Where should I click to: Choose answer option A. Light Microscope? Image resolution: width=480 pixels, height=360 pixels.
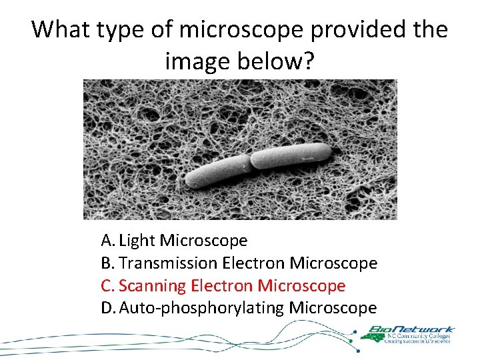pos(174,240)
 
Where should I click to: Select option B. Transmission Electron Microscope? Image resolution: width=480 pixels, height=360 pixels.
pos(239,263)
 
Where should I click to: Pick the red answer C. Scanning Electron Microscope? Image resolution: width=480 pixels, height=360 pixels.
pos(223,286)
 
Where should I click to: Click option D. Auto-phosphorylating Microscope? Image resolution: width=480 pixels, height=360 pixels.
pos(239,308)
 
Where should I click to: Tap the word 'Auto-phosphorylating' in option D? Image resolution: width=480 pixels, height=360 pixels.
pos(201,308)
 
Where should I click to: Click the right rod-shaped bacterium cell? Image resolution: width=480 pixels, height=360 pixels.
pos(290,155)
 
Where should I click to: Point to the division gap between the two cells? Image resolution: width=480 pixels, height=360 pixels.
pos(249,162)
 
